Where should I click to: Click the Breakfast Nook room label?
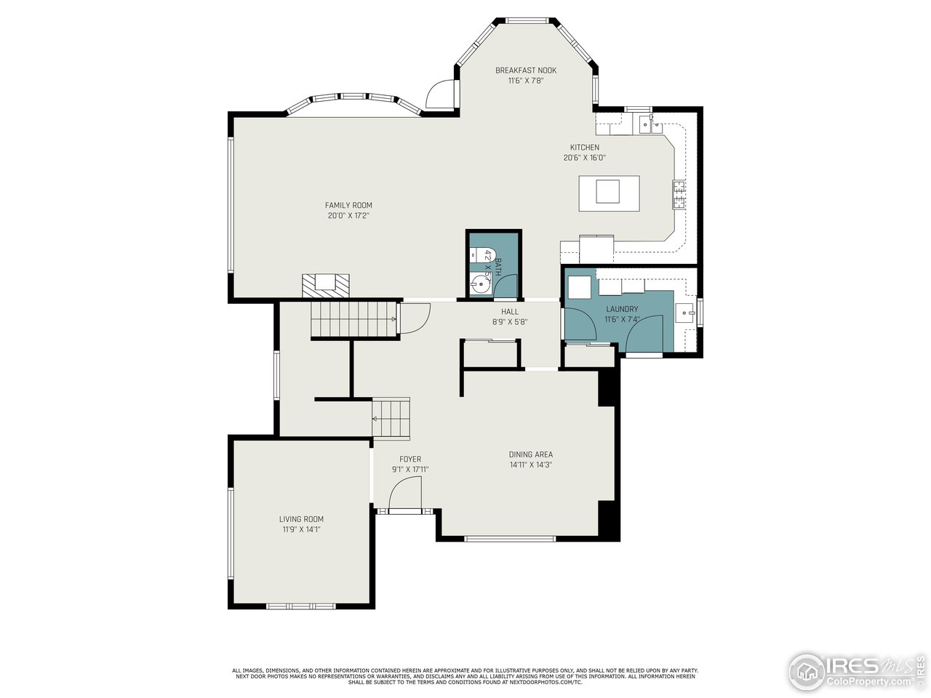point(526,71)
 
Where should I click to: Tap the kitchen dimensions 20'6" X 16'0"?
point(584,158)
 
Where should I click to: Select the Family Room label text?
point(348,206)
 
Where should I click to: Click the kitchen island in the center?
point(609,192)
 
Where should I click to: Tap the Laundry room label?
point(622,309)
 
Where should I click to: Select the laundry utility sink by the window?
point(685,314)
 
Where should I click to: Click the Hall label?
point(509,312)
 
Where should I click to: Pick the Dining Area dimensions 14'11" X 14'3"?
point(530,465)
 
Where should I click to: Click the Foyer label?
point(410,460)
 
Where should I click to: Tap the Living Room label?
point(301,519)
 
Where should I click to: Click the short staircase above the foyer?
point(391,418)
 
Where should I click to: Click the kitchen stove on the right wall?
point(679,193)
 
